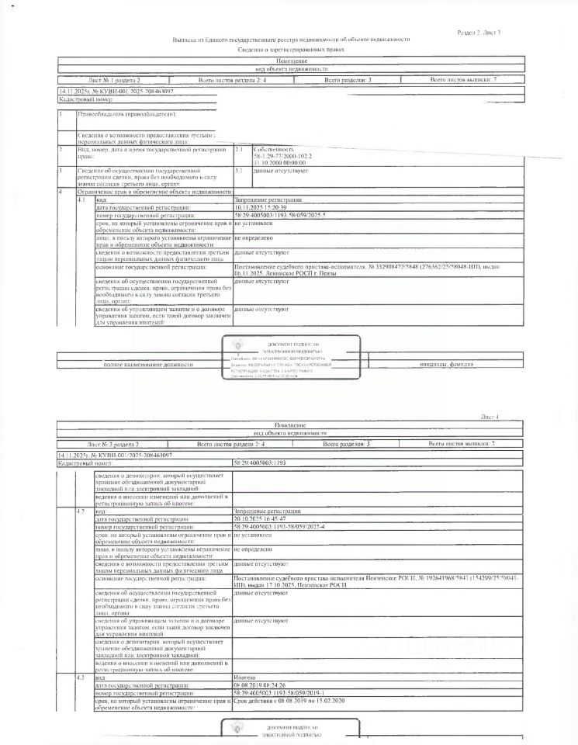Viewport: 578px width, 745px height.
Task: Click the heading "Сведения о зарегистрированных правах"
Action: pyautogui.click(x=291, y=49)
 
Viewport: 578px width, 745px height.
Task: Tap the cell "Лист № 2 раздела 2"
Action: pyautogui.click(x=113, y=443)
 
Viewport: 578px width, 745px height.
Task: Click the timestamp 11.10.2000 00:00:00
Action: pyautogui.click(x=280, y=161)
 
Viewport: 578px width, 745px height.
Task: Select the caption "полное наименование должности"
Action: pyautogui.click(x=144, y=365)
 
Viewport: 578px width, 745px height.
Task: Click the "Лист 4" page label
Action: pyautogui.click(x=491, y=417)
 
